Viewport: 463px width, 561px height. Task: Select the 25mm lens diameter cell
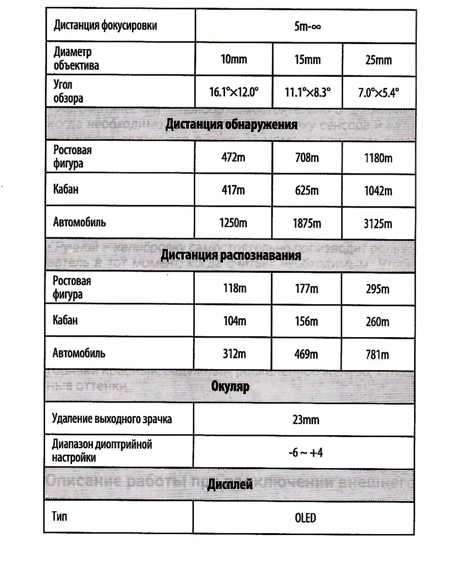click(378, 60)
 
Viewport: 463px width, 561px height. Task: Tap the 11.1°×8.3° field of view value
click(307, 92)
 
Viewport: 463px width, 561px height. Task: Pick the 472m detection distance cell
click(233, 157)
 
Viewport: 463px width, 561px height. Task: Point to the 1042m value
click(378, 191)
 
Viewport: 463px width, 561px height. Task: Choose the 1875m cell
click(307, 223)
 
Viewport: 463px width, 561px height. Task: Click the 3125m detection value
click(378, 224)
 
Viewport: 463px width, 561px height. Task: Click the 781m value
click(377, 355)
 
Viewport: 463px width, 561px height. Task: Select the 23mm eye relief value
click(305, 419)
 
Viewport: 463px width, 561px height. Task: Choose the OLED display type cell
click(305, 517)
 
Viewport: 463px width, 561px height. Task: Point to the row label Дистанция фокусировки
click(105, 25)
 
